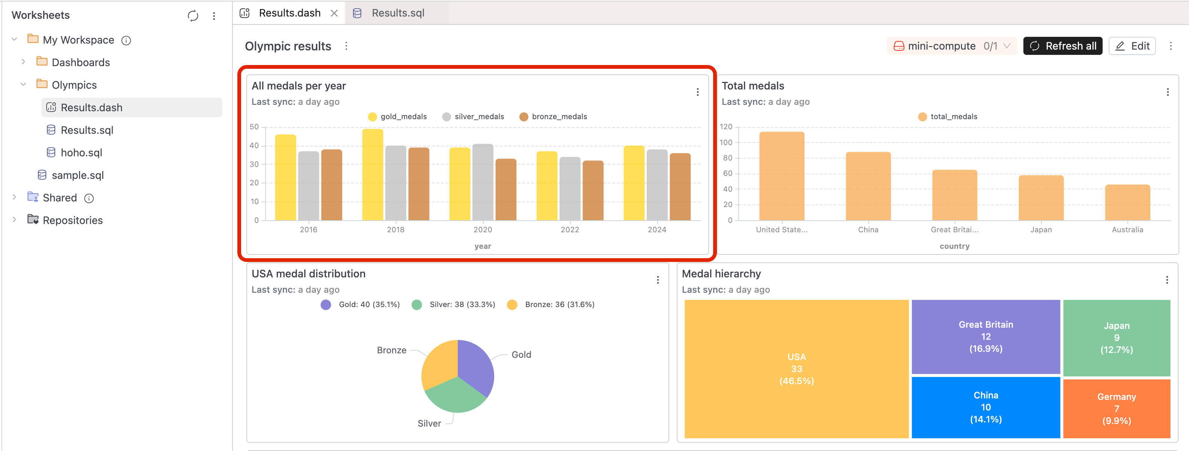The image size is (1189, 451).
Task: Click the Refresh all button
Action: (1062, 46)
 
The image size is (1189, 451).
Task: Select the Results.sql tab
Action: (397, 13)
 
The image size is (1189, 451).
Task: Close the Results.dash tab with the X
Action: (334, 14)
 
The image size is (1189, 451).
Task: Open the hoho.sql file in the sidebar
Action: (81, 153)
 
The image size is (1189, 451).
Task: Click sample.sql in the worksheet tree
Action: (77, 175)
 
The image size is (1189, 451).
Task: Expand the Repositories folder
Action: (14, 220)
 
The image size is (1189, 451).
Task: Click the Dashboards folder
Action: (80, 62)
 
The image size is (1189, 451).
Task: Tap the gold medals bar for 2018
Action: (373, 176)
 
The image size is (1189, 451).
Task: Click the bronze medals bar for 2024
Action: (680, 187)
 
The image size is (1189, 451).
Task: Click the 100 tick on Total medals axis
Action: (726, 142)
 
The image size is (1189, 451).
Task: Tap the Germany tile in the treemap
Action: (1116, 409)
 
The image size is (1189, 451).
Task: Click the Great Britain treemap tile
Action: (985, 336)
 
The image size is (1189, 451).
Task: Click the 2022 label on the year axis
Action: (570, 230)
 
